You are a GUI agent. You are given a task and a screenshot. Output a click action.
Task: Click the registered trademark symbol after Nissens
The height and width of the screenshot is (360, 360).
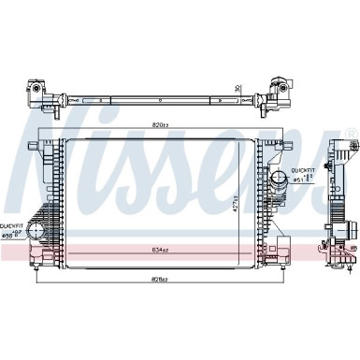point(350,131)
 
